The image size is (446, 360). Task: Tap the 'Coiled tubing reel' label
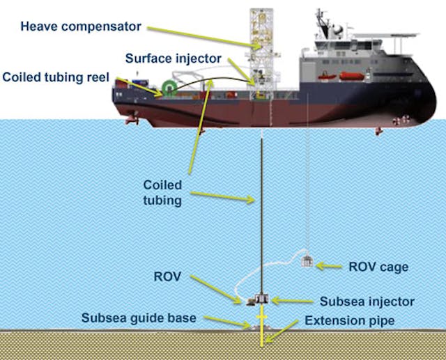click(x=56, y=77)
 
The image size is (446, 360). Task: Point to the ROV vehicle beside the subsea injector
click(x=247, y=301)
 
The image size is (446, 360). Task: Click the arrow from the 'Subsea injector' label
click(x=293, y=301)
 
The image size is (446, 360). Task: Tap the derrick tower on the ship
click(x=262, y=42)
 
